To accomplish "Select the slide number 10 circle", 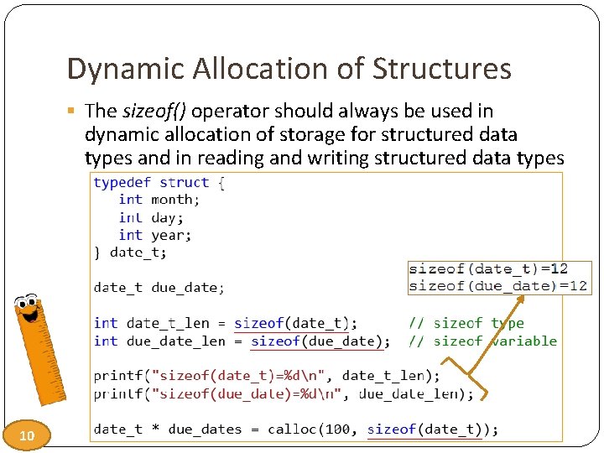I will coord(27,435).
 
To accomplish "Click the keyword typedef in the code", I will coord(122,182).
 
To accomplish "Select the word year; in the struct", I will coord(171,236).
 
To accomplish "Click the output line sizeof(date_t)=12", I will coord(487,269).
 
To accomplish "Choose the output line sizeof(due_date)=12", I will coord(497,286).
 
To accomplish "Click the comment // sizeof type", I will coord(466,323).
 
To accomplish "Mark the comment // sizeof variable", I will coord(482,341).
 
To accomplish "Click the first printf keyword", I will coord(118,376).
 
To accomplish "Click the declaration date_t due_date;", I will coord(159,288).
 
